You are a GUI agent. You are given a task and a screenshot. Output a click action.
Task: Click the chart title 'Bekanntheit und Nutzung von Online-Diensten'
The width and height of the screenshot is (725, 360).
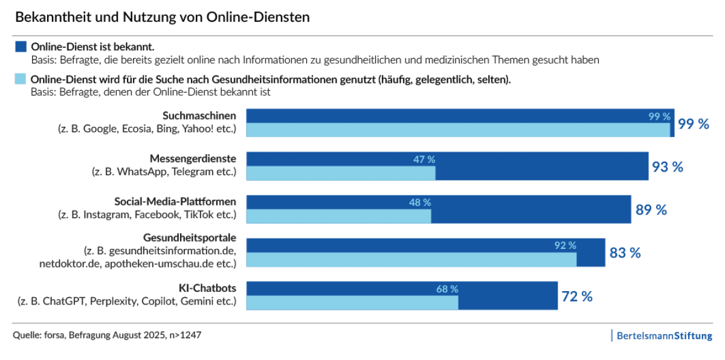click(162, 17)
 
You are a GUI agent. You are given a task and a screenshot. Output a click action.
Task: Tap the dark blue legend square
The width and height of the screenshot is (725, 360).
click(21, 47)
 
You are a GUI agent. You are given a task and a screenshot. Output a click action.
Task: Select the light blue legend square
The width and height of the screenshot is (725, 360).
click(21, 79)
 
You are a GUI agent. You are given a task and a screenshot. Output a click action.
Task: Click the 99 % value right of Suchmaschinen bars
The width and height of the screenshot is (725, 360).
click(693, 124)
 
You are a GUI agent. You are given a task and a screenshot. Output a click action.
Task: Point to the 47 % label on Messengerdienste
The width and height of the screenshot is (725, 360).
click(424, 159)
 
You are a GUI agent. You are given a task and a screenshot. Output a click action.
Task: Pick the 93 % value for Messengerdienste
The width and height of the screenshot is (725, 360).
click(667, 167)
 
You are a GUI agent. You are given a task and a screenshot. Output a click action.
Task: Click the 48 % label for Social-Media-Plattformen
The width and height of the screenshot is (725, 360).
click(419, 202)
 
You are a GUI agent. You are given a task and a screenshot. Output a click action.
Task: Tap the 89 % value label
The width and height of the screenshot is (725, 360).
click(651, 210)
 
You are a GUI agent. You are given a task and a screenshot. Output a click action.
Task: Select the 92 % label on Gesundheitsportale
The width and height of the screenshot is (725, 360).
click(565, 245)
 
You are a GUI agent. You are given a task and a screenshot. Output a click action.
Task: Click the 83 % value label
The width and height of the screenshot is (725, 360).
click(625, 252)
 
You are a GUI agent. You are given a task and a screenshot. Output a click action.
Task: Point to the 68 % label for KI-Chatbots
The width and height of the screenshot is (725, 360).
click(447, 289)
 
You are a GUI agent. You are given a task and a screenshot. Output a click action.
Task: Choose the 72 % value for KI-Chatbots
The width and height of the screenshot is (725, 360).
click(576, 296)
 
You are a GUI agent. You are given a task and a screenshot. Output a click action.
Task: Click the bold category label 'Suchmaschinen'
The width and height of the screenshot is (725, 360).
click(199, 115)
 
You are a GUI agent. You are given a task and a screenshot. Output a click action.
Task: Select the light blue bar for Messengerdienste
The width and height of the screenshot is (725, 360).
click(341, 173)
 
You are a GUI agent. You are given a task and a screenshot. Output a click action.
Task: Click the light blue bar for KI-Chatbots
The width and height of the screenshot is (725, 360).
click(352, 303)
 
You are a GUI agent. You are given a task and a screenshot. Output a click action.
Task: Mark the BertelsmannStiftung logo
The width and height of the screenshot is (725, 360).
click(663, 336)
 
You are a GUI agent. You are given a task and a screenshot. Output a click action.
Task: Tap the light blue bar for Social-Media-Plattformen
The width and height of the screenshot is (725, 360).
click(339, 216)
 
